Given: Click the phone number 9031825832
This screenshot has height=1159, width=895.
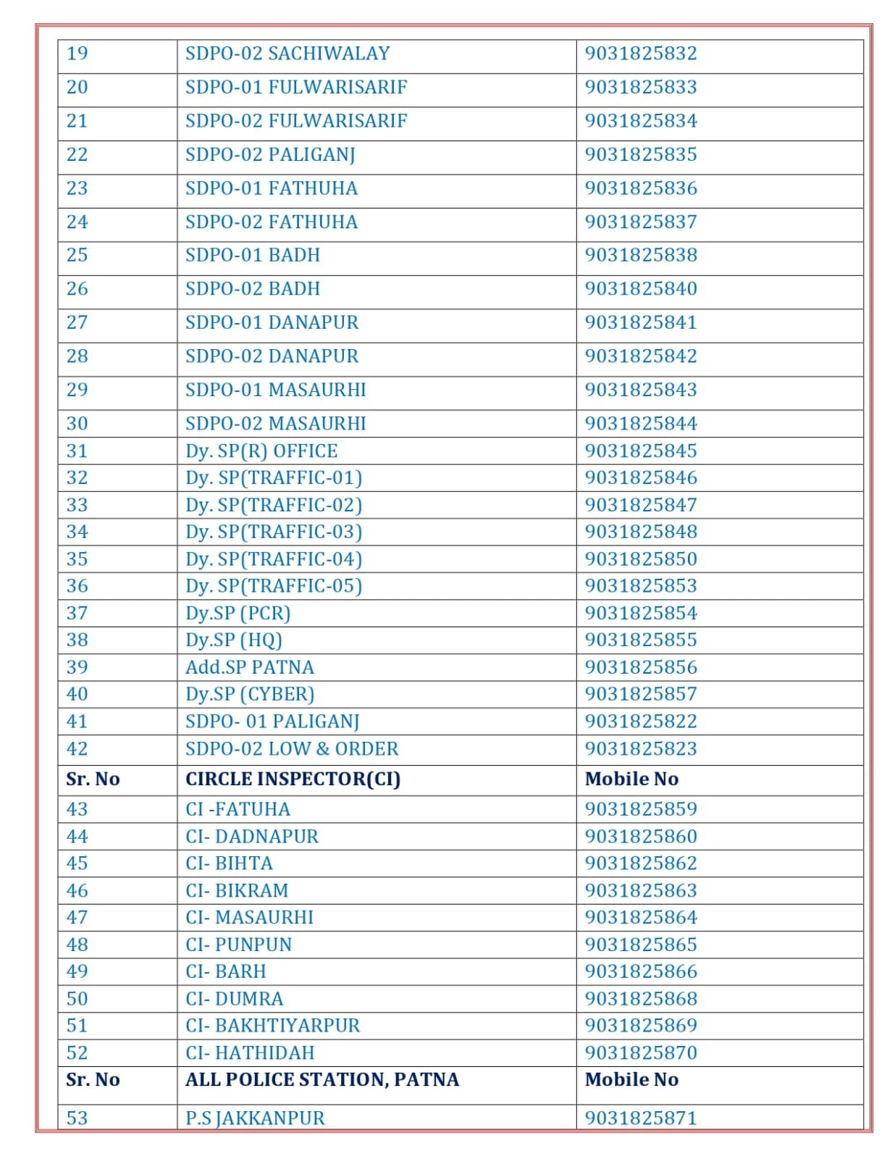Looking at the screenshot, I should (x=640, y=54).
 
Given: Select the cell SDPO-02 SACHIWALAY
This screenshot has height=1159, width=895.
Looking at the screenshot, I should (x=287, y=54).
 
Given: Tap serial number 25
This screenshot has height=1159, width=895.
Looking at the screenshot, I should (x=77, y=255).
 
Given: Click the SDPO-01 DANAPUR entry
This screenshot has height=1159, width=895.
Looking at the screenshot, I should (x=272, y=322).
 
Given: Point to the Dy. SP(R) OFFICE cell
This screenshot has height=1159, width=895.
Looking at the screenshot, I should (x=261, y=451).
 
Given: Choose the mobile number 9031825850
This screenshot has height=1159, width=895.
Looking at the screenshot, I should (x=640, y=559).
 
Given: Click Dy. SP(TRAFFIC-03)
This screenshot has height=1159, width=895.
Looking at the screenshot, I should (x=273, y=532).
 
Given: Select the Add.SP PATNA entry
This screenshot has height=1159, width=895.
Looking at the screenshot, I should (x=250, y=667).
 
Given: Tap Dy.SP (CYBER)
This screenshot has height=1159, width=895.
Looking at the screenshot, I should (x=250, y=694).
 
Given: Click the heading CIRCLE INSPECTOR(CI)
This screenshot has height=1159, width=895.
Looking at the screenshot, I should (x=293, y=779).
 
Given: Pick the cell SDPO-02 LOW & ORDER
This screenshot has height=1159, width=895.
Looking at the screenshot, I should (x=292, y=749).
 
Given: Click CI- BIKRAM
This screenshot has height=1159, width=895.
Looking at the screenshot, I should (x=237, y=890).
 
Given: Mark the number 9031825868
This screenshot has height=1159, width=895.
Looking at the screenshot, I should (x=640, y=999).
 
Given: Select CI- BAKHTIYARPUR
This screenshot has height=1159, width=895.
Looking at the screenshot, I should (x=272, y=1026).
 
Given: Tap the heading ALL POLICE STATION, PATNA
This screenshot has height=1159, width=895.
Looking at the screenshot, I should (x=322, y=1080).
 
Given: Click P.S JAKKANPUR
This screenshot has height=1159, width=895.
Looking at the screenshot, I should (x=255, y=1118).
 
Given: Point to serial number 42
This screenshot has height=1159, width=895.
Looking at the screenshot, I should (x=77, y=749).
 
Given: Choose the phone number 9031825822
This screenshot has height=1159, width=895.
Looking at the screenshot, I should (x=640, y=721).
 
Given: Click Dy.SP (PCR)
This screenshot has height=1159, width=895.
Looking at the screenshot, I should (x=238, y=614).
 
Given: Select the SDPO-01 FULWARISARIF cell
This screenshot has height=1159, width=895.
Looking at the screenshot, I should (x=296, y=88).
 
